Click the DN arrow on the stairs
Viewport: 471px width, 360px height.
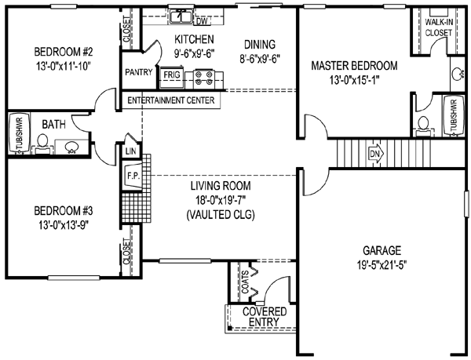[x=374, y=152]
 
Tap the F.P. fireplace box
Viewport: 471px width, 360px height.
[x=133, y=176]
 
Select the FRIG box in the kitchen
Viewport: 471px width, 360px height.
[x=170, y=77]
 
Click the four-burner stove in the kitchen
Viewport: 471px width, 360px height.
[x=204, y=77]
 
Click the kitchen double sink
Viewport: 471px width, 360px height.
[x=181, y=14]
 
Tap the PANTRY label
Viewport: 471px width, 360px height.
[x=138, y=73]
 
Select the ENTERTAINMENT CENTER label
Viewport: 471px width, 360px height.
[x=172, y=100]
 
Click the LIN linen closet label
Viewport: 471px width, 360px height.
[x=130, y=151]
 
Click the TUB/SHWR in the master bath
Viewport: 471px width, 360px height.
[x=451, y=117]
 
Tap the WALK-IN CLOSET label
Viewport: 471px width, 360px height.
[x=438, y=28]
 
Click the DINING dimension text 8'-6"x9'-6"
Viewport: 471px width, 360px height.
[x=261, y=57]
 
